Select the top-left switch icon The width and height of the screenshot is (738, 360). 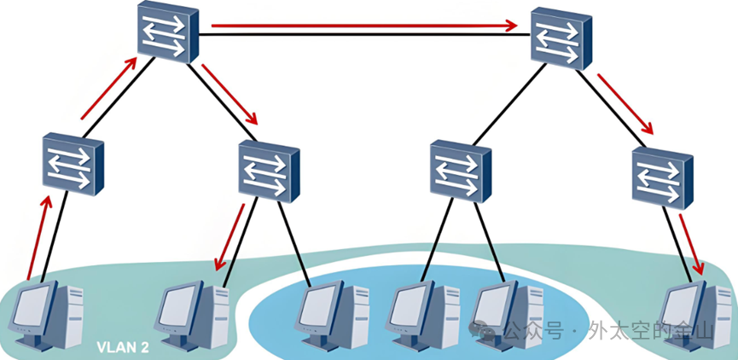pyautogui.click(x=164, y=32)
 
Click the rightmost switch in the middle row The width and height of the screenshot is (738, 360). pyautogui.click(x=661, y=175)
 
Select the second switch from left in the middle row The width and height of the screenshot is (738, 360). pyautogui.click(x=269, y=171)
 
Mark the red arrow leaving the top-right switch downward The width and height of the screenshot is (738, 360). pyautogui.click(x=625, y=105)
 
